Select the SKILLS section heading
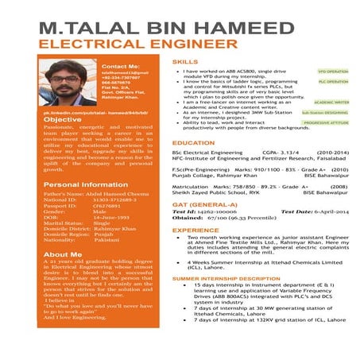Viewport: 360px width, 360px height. click(185, 61)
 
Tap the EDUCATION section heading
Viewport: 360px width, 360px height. click(193, 143)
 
